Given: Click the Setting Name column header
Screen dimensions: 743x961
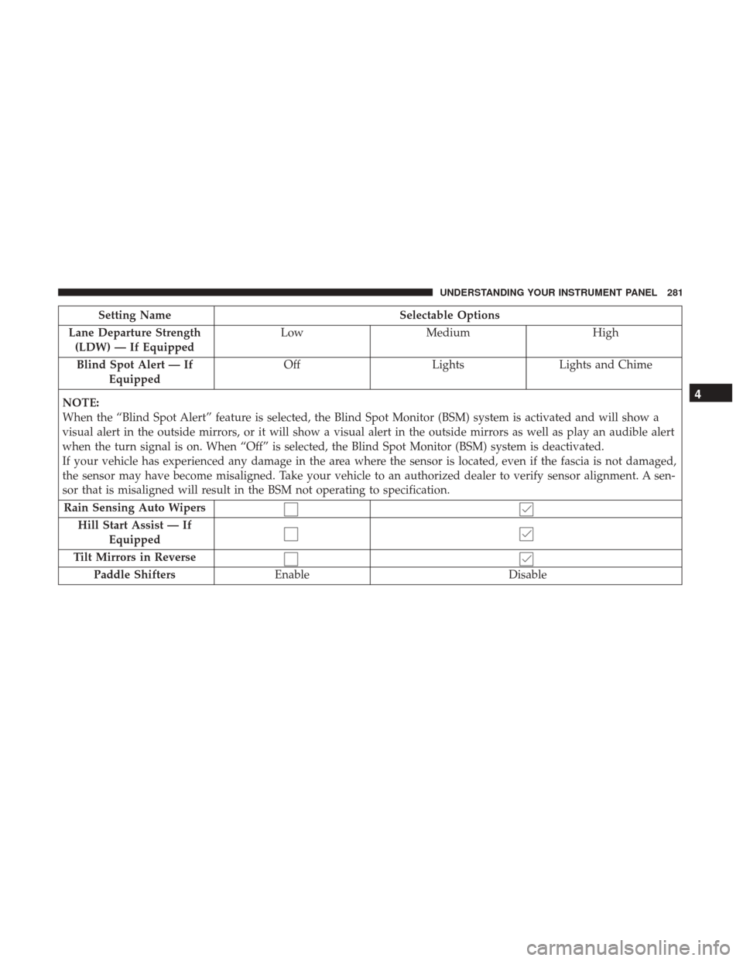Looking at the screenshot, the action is click(135, 316).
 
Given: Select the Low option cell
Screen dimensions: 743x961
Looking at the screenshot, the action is click(291, 333).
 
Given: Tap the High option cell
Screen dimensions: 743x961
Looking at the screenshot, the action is click(603, 333).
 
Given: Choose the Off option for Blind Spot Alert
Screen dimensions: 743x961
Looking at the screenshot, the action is click(291, 365).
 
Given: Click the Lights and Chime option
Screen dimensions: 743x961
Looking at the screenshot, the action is click(603, 365).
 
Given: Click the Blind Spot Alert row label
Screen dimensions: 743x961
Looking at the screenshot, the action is click(135, 372).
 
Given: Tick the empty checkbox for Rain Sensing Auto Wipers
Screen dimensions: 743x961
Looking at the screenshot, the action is click(291, 509).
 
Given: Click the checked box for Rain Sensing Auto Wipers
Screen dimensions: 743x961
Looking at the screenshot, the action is click(526, 509).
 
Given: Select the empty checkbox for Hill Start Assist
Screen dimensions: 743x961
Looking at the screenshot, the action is click(291, 533).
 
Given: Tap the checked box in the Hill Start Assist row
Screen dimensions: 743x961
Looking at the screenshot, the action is click(526, 533).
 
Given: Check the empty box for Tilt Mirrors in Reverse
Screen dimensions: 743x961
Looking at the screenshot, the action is click(291, 559).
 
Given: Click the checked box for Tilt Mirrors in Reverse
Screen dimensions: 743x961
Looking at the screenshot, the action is click(526, 559).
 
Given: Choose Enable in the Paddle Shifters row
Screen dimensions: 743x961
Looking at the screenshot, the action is click(291, 576).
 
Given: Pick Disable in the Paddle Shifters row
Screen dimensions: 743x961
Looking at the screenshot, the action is click(526, 576).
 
